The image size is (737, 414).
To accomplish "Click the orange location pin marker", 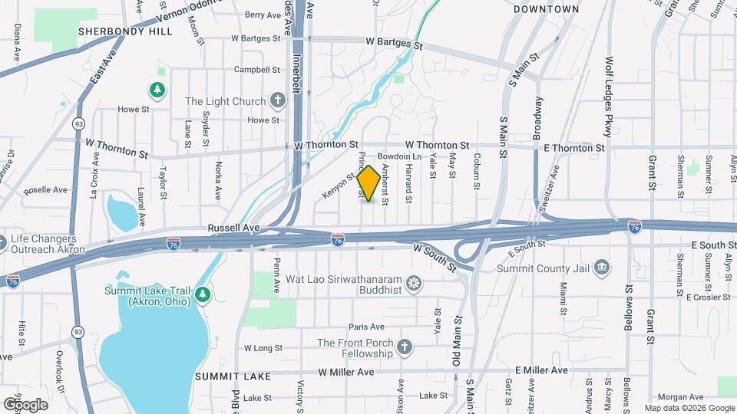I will (368, 183).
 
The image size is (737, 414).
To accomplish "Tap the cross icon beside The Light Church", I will (277, 101).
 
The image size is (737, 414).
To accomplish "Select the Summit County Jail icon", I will (603, 268).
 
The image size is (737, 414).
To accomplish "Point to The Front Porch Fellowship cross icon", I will (405, 349).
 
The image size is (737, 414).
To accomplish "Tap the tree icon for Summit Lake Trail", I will (202, 293).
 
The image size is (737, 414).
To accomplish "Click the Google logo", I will (25, 404).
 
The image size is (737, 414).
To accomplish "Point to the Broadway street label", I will (539, 113).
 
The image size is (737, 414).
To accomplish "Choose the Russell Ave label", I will (233, 228).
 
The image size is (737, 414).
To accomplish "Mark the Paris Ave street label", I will (365, 327).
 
